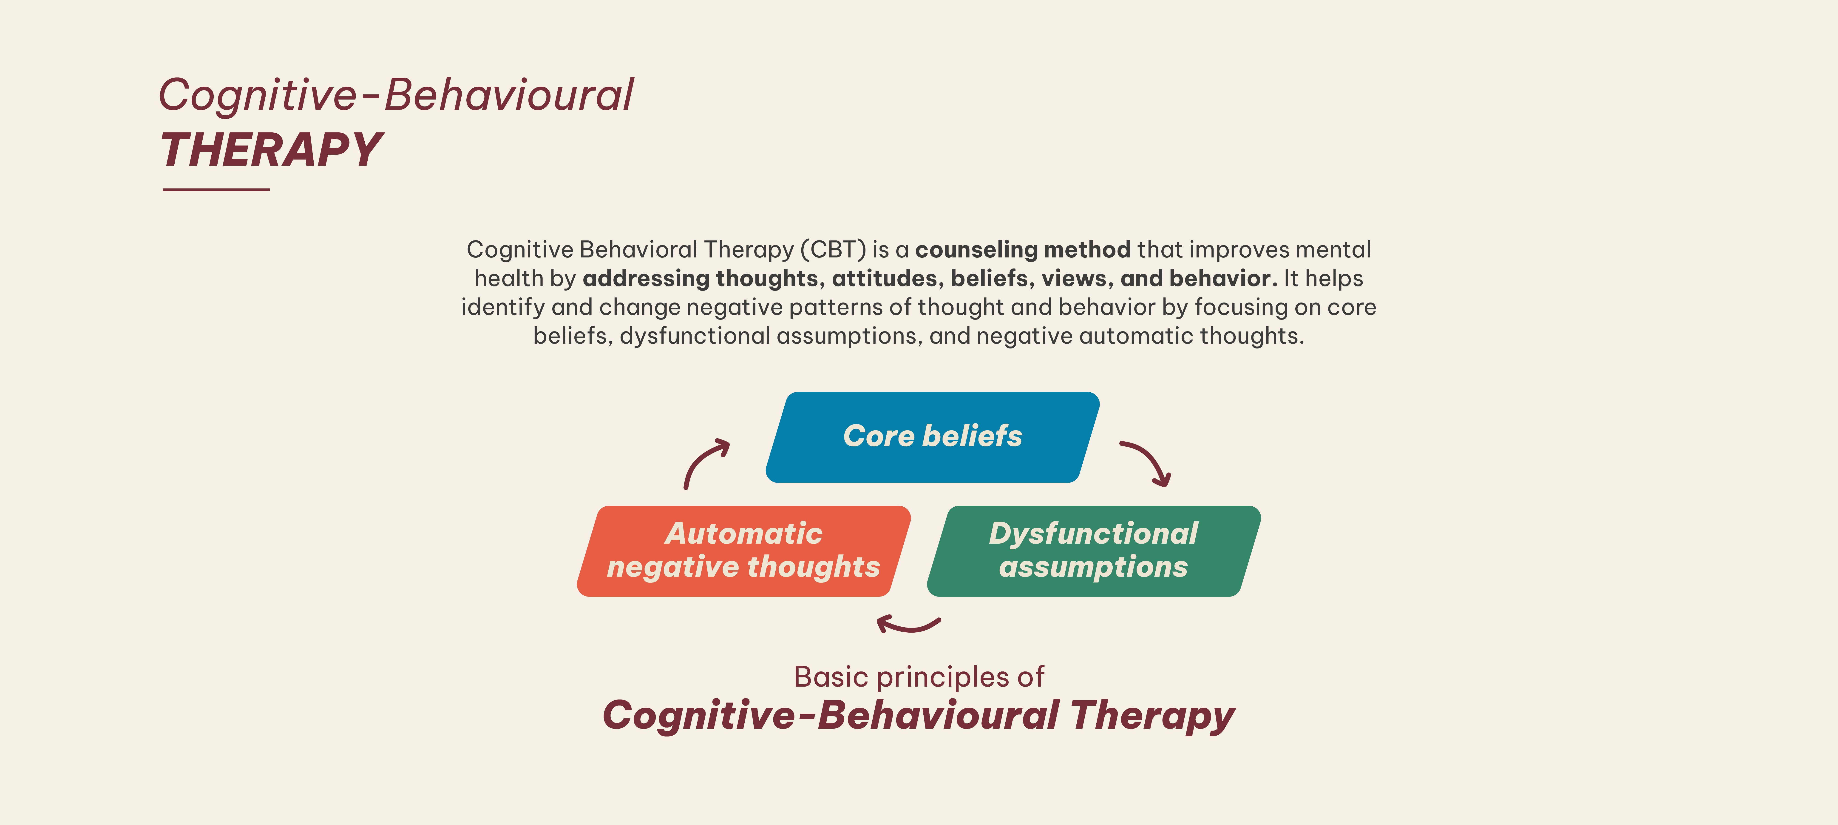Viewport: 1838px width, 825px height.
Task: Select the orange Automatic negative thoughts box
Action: pyautogui.click(x=743, y=551)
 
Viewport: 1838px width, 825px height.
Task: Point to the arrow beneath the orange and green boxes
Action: pyautogui.click(x=908, y=625)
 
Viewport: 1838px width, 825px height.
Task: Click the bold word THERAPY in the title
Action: pyautogui.click(x=271, y=151)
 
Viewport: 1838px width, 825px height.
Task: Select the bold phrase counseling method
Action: pyautogui.click(x=1022, y=250)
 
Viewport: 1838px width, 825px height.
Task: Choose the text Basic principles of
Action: pyautogui.click(x=919, y=677)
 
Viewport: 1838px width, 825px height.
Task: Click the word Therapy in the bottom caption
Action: pyautogui.click(x=1152, y=716)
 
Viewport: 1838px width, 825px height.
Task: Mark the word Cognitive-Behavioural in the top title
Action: pyautogui.click(x=396, y=95)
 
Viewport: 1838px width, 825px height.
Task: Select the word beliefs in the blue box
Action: pyautogui.click(x=973, y=436)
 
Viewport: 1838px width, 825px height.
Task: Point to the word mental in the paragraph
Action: pyautogui.click(x=1333, y=250)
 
